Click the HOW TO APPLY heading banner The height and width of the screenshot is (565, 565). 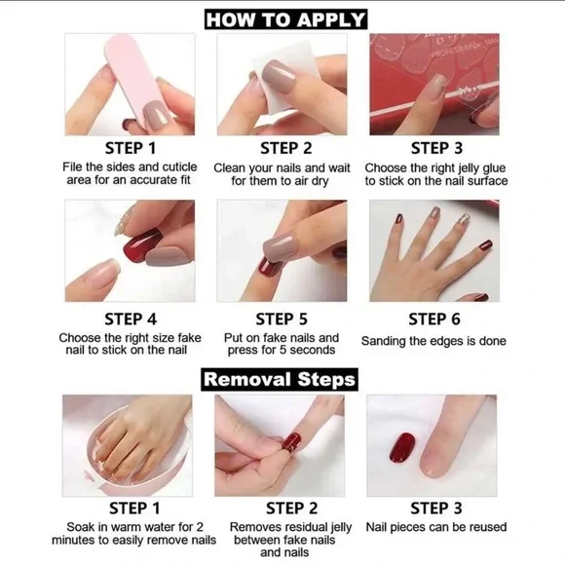coord(285,19)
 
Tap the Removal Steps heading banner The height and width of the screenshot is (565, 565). coord(280,379)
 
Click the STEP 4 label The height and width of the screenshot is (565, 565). coord(130,319)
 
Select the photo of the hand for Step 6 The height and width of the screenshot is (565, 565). coord(433,251)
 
